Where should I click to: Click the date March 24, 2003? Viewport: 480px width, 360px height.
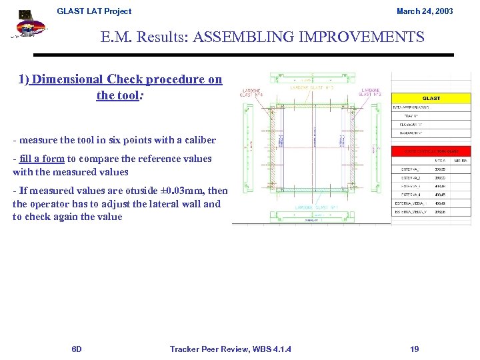(x=425, y=11)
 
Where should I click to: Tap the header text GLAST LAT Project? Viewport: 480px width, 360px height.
(x=94, y=11)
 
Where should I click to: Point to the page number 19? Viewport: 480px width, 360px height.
(x=415, y=349)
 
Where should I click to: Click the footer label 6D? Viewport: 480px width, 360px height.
(x=77, y=349)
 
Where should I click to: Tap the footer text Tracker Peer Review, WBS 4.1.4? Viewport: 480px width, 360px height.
(x=230, y=349)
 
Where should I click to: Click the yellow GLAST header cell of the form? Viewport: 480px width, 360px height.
(x=431, y=98)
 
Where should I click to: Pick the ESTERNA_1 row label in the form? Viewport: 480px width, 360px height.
(x=409, y=169)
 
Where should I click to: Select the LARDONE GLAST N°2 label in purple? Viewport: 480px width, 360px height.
(x=371, y=92)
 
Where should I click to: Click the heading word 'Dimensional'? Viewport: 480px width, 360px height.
(x=71, y=80)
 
